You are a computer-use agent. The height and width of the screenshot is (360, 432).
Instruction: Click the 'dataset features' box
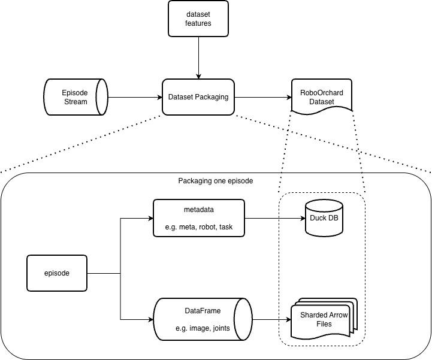198,19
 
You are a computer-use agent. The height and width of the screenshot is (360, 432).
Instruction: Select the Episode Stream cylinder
75,97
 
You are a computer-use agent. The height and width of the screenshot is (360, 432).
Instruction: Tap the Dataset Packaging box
198,97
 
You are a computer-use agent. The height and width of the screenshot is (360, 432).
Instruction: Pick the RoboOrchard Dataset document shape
321,96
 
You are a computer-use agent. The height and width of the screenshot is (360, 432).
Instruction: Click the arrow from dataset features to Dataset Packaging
198,58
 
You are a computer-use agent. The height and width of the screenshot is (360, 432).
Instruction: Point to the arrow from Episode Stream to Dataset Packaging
135,97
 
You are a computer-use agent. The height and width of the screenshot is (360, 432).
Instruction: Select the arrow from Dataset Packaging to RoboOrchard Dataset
262,97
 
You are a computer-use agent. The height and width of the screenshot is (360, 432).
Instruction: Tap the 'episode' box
58,273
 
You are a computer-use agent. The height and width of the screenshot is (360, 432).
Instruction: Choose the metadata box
199,218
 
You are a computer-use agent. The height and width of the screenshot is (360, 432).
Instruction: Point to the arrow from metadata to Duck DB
275,218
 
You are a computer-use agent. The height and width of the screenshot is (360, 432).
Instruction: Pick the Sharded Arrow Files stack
324,319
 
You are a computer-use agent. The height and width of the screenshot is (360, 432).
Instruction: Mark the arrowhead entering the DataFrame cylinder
149,319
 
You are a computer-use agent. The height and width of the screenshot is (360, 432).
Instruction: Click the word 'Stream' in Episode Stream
75,102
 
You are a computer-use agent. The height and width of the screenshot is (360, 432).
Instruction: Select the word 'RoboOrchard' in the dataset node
321,92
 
